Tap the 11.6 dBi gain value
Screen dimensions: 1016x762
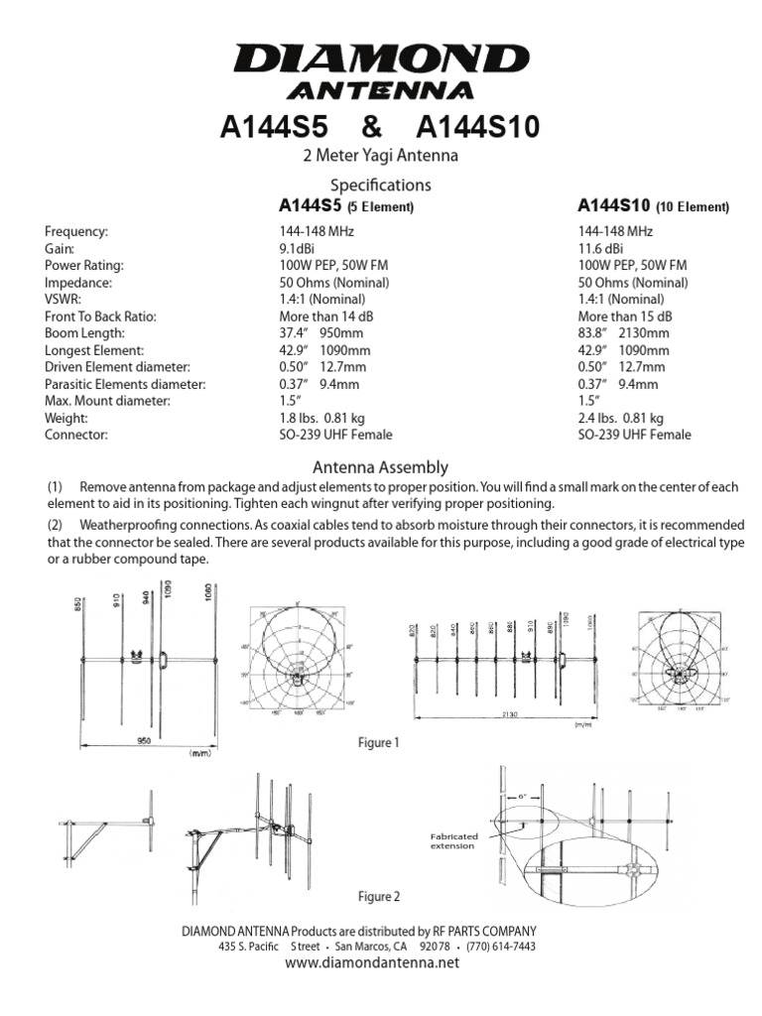[x=601, y=248]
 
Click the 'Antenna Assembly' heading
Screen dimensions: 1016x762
[x=381, y=466]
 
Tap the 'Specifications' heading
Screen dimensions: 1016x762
[x=381, y=185]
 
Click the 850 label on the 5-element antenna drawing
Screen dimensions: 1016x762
[x=76, y=610]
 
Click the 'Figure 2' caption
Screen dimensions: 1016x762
[x=378, y=897]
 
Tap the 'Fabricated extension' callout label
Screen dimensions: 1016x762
[x=452, y=841]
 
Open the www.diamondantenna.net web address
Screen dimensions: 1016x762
[x=374, y=962]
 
